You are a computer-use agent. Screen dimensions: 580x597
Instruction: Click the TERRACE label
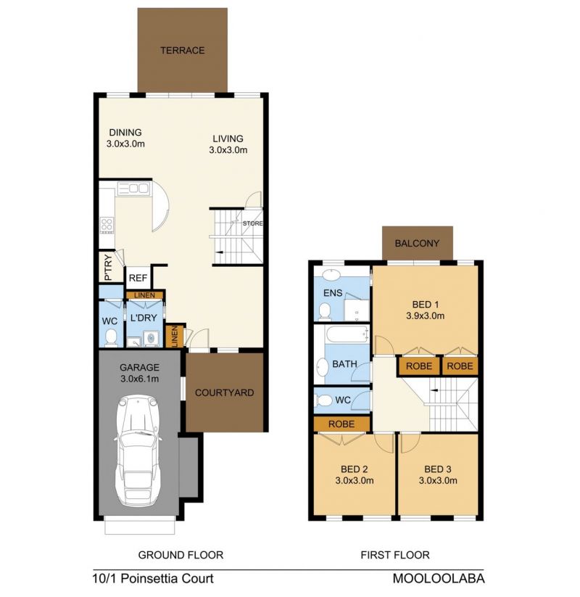[x=182, y=50]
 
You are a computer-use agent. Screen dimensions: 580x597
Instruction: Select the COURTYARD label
[x=224, y=392]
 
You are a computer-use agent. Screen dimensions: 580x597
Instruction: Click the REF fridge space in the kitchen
[x=138, y=278]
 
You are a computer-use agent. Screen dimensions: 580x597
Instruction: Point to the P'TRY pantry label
[x=109, y=267]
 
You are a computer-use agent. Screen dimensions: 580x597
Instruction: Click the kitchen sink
[x=133, y=189]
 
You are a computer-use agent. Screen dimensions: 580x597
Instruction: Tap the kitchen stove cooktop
[x=107, y=225]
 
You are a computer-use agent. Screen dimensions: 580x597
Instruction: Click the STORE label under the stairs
[x=253, y=223]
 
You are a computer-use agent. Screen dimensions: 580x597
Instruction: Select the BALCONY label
[x=417, y=243]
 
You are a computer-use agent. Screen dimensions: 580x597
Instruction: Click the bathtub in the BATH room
[x=347, y=334]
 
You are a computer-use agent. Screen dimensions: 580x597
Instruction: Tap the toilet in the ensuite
[x=325, y=311]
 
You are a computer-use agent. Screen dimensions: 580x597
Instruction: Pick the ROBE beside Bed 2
[x=341, y=424]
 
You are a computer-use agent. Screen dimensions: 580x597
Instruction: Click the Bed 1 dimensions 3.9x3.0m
[x=425, y=316]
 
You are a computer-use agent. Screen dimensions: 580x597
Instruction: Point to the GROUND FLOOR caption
[x=181, y=555]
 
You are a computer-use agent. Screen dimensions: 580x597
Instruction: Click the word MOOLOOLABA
[x=439, y=578]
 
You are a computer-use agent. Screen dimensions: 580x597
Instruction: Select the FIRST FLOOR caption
[x=395, y=555]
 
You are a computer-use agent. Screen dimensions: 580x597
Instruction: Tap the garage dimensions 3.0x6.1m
[x=140, y=379]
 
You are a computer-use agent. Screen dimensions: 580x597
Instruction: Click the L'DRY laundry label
[x=144, y=318]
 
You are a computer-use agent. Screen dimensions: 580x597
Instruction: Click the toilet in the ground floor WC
[x=111, y=339]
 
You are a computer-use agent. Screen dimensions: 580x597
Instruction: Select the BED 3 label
[x=438, y=469]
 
